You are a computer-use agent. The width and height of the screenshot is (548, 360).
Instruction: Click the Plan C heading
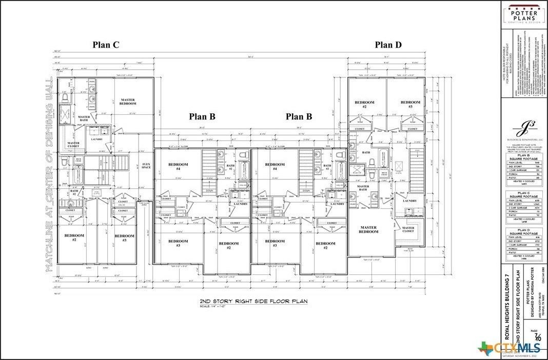pos(106,45)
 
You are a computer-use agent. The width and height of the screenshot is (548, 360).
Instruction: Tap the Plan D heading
pos(388,45)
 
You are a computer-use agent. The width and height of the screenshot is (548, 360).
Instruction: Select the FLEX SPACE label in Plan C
pos(146,166)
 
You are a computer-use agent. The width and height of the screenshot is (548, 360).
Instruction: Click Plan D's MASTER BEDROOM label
pos(368,230)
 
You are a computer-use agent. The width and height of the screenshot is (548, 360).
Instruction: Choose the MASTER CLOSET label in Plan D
pos(408,230)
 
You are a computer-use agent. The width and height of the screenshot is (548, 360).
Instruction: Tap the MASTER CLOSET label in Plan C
pos(73,146)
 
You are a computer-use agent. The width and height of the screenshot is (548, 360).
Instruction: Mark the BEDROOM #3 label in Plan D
pos(410,104)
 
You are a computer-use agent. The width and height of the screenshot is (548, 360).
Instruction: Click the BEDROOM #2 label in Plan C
pos(74,237)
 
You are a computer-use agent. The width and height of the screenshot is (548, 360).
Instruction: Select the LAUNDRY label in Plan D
pos(417,201)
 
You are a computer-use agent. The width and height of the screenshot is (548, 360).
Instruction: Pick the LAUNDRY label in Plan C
pos(97,139)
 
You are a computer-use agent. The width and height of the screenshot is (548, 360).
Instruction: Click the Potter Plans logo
pos(522,13)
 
